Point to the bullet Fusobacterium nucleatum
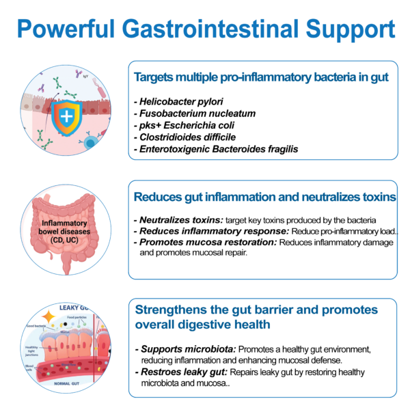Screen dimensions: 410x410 tap(194, 113)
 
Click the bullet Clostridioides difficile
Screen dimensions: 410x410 tap(186, 137)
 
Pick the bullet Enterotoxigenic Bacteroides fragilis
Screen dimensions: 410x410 tap(218, 148)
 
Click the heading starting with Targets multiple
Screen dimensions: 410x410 tap(262, 77)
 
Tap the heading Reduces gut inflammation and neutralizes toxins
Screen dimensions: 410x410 tap(264, 197)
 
